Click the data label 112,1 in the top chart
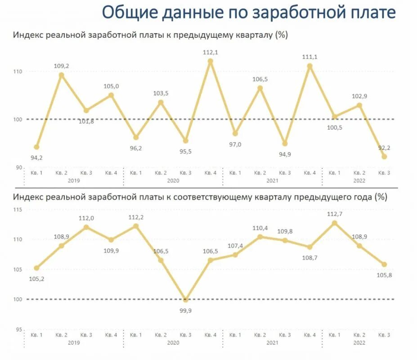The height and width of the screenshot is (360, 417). tap(210, 53)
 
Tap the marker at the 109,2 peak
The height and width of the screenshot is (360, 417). tap(62, 75)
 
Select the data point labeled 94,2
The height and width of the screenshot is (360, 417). tap(36, 147)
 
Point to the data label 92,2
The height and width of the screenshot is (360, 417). tap(384, 148)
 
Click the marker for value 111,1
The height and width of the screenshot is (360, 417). tap(309, 66)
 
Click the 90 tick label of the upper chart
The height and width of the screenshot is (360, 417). tap(19, 167)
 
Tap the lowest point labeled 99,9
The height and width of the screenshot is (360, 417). tap(185, 299)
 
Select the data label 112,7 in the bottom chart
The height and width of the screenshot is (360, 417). tap(334, 214)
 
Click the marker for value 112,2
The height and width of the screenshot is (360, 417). tap(136, 226)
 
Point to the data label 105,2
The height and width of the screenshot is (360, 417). tap(36, 279)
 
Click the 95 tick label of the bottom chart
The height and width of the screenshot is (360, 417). tap(19, 329)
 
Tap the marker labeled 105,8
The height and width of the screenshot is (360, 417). tap(384, 265)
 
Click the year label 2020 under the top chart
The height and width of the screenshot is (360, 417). tap(173, 180)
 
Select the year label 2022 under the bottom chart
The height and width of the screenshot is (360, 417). tap(359, 342)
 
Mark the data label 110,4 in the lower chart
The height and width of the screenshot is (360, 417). tap(260, 228)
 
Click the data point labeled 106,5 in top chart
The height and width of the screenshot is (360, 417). tap(260, 88)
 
